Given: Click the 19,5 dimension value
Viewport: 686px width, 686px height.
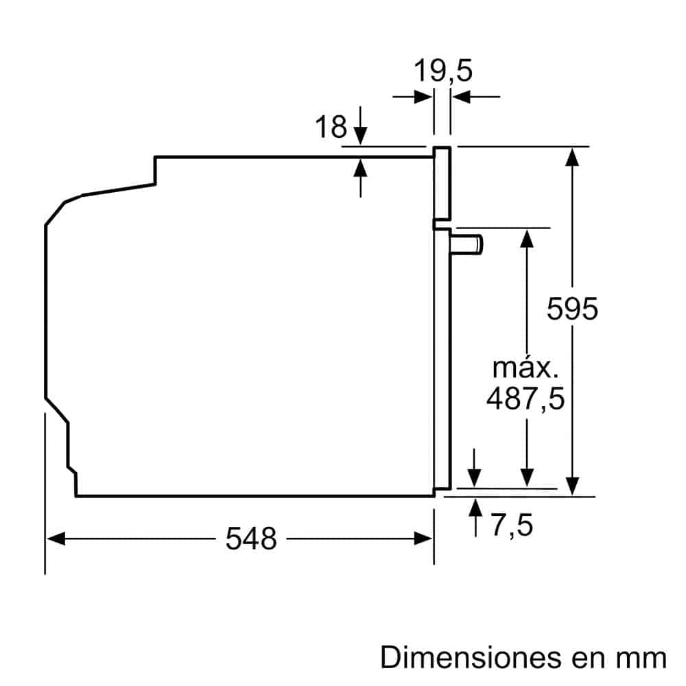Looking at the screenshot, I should click(443, 71).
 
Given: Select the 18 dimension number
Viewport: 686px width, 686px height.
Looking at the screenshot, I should click(331, 127).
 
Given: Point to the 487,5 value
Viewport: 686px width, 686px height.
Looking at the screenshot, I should click(525, 399).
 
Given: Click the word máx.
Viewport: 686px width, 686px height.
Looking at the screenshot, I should click(525, 368).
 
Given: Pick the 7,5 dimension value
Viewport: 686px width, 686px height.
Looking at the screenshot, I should click(512, 526).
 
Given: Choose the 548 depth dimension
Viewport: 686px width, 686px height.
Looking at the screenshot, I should click(251, 539).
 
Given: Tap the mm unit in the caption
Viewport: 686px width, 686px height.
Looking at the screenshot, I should click(641, 658).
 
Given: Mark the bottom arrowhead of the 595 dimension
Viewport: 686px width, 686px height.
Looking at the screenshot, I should click(572, 486).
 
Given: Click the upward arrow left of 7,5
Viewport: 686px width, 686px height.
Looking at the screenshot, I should click(474, 508).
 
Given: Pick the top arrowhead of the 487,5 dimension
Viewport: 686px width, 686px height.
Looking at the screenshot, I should click(526, 237).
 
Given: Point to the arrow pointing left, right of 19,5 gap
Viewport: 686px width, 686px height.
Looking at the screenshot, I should click(461, 97).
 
